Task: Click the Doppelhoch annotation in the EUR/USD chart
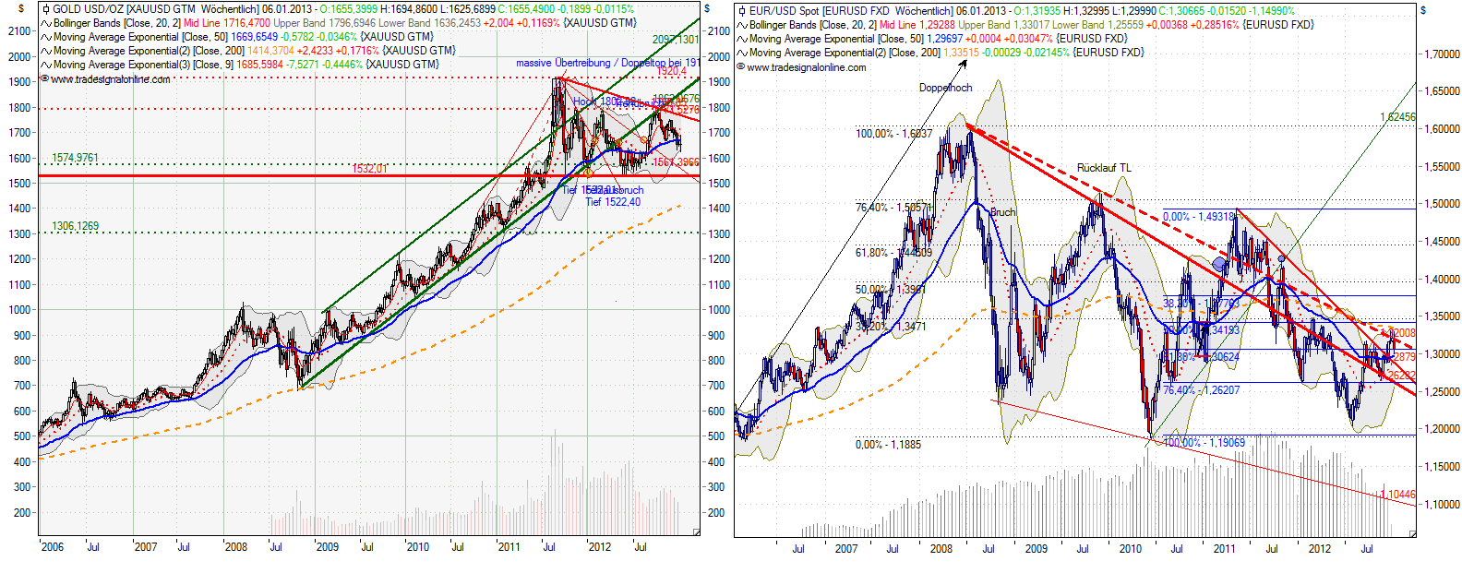[x=945, y=88]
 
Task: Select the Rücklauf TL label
[x=1103, y=168]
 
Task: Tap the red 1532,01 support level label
[x=369, y=169]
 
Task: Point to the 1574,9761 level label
[x=75, y=159]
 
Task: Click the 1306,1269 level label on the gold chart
[x=75, y=226]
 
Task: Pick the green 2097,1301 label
[x=675, y=40]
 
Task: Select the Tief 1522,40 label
[x=612, y=202]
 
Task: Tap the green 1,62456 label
[x=1396, y=117]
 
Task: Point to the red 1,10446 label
[x=1397, y=495]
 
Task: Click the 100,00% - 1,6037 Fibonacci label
[x=893, y=134]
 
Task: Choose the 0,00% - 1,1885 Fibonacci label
[x=888, y=445]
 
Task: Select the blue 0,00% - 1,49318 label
[x=1198, y=217]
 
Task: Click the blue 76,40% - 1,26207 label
[x=1201, y=390]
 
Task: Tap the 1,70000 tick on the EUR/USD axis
[x=1441, y=54]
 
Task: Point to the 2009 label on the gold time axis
[x=328, y=547]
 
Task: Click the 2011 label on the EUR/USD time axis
[x=1224, y=549]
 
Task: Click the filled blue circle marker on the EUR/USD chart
[x=1220, y=265]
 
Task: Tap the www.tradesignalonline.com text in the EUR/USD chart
[x=806, y=67]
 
